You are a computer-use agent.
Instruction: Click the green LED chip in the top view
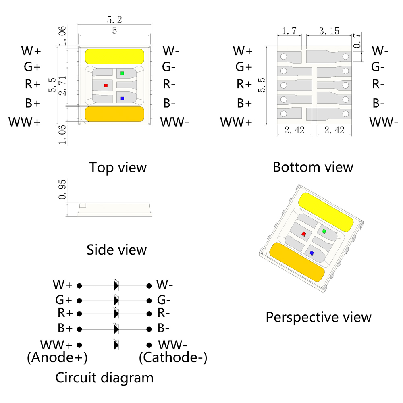point(122,73)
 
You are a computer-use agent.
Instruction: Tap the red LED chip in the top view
point(106,85)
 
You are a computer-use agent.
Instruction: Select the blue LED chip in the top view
point(122,98)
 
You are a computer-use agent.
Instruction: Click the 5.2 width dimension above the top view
point(114,19)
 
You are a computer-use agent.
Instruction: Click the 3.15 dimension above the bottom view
point(329,31)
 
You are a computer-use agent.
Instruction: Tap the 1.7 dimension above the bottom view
point(289,31)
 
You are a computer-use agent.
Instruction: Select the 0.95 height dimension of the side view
point(62,190)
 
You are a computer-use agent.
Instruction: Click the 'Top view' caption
point(118,167)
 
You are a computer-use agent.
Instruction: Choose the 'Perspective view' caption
point(318,317)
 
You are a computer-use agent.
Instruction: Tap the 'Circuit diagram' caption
point(104,378)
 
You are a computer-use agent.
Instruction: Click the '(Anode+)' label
point(57,357)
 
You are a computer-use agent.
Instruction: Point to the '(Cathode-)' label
point(173,357)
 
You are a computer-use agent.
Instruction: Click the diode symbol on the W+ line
point(116,286)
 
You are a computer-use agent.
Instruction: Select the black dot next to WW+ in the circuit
point(79,345)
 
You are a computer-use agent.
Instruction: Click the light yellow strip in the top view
point(115,56)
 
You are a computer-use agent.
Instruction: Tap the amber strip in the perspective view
point(297,262)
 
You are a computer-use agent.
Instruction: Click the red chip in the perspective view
point(304,234)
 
